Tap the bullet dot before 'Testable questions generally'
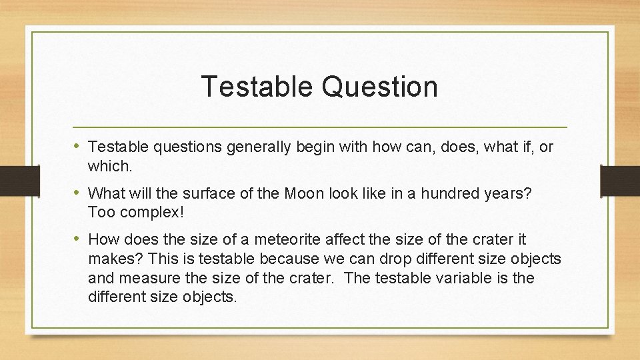79,146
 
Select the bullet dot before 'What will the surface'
79,193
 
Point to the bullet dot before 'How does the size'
79,238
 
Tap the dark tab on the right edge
620,181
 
